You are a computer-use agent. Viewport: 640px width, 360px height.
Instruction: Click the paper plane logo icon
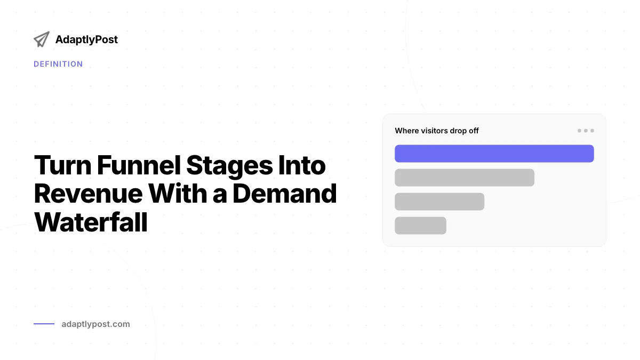(x=42, y=39)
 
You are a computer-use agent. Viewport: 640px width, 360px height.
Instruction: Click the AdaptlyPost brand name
(x=86, y=39)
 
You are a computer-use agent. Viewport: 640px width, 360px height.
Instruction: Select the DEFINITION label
(x=58, y=64)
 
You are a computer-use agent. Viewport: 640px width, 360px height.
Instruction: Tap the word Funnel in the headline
(x=139, y=165)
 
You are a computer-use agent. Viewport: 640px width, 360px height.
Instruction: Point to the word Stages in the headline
(x=229, y=166)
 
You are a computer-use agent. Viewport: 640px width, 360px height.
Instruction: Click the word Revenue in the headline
(x=89, y=194)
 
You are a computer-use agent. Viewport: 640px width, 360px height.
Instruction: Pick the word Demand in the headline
(x=285, y=194)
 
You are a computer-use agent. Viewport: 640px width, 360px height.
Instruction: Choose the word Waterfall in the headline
(x=91, y=222)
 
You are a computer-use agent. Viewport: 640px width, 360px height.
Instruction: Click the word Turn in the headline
(x=63, y=165)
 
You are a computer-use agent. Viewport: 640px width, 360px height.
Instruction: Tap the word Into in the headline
(x=302, y=165)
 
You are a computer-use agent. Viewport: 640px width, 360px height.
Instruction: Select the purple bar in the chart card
(x=494, y=154)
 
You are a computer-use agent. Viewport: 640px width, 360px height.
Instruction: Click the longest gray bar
(x=465, y=178)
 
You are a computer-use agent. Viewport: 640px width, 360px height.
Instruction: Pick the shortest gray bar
(x=421, y=226)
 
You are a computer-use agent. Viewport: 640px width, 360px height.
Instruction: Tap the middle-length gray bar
(x=439, y=202)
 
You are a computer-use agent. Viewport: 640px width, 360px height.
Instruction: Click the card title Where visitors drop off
(x=437, y=131)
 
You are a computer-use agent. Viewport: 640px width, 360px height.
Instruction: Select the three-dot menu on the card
(x=586, y=131)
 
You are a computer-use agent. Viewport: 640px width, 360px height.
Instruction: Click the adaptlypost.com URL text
(x=95, y=324)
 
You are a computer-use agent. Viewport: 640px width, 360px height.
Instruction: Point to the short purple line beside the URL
(x=44, y=324)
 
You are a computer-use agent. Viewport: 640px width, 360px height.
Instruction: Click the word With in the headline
(x=178, y=194)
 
